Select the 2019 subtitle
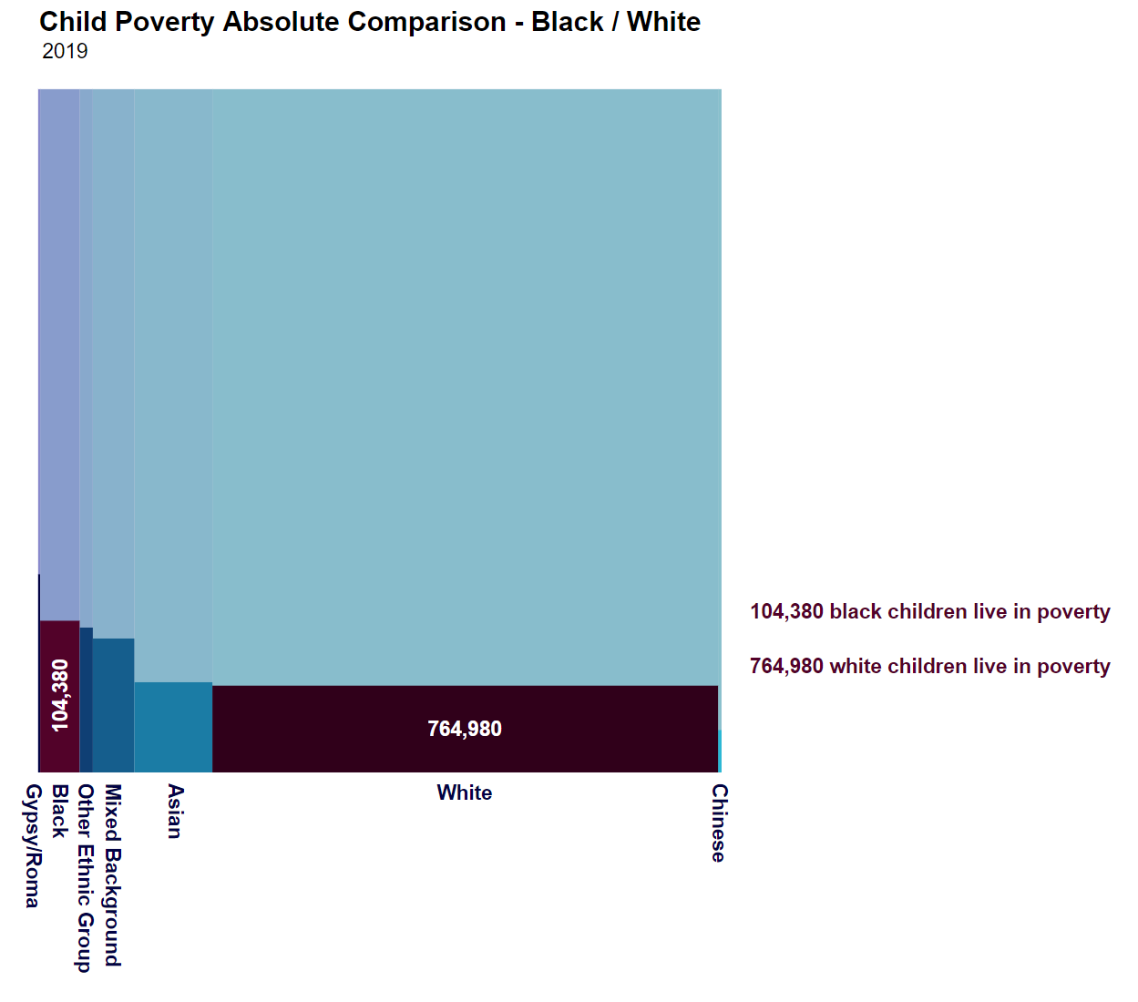click(65, 51)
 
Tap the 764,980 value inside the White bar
click(465, 729)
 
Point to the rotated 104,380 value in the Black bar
click(60, 695)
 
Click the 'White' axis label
click(465, 792)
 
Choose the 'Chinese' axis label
click(719, 823)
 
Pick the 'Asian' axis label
click(175, 811)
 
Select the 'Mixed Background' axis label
click(112, 874)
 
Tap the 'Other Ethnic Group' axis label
click(85, 878)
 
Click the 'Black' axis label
click(60, 811)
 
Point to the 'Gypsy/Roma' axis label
click(33, 845)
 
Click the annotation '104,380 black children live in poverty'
click(929, 611)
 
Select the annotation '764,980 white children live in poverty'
click(929, 666)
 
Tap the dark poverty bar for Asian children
click(173, 727)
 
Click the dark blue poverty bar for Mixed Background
click(113, 705)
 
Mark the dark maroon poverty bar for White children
click(364, 729)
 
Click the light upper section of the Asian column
click(173, 383)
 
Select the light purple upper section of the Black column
click(59, 355)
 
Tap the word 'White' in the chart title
click(663, 22)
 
